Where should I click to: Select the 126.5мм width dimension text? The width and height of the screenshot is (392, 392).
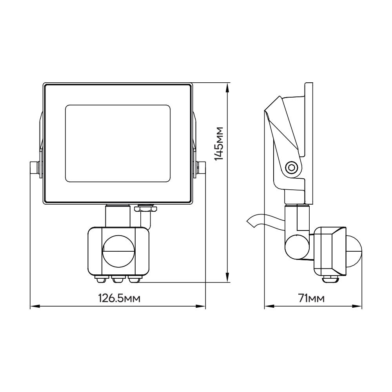[x=118, y=298]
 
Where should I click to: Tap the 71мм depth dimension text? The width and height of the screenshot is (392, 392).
[x=312, y=298]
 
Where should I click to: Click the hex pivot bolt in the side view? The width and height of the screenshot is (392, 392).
[x=292, y=168]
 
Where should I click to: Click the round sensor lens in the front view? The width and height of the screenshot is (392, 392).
[x=118, y=251]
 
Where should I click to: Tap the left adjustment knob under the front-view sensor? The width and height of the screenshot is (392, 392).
[x=102, y=279]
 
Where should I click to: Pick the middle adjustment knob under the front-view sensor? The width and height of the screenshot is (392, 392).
[x=118, y=279]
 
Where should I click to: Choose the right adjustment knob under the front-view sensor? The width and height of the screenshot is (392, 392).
[x=134, y=279]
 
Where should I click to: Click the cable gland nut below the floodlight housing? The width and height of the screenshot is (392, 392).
[x=145, y=209]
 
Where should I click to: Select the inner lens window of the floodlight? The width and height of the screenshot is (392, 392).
[x=118, y=143]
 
